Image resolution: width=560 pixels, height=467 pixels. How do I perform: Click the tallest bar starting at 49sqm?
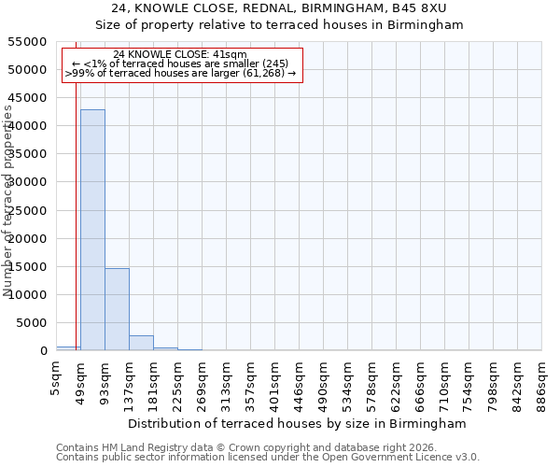92,230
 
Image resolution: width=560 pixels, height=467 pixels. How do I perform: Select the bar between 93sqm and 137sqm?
117,309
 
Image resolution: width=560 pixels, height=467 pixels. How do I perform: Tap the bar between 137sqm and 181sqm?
141,343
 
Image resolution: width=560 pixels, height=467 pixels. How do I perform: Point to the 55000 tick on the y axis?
28,42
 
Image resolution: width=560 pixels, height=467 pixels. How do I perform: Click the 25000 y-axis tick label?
28,211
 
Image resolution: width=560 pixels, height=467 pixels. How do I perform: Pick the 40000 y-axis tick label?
28,126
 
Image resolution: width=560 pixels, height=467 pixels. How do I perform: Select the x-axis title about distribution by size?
299,423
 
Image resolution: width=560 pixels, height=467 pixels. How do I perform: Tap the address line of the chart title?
279,8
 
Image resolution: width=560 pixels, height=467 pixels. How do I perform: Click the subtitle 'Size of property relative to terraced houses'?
279,24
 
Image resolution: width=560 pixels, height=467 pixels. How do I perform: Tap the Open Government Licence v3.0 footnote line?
268,458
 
